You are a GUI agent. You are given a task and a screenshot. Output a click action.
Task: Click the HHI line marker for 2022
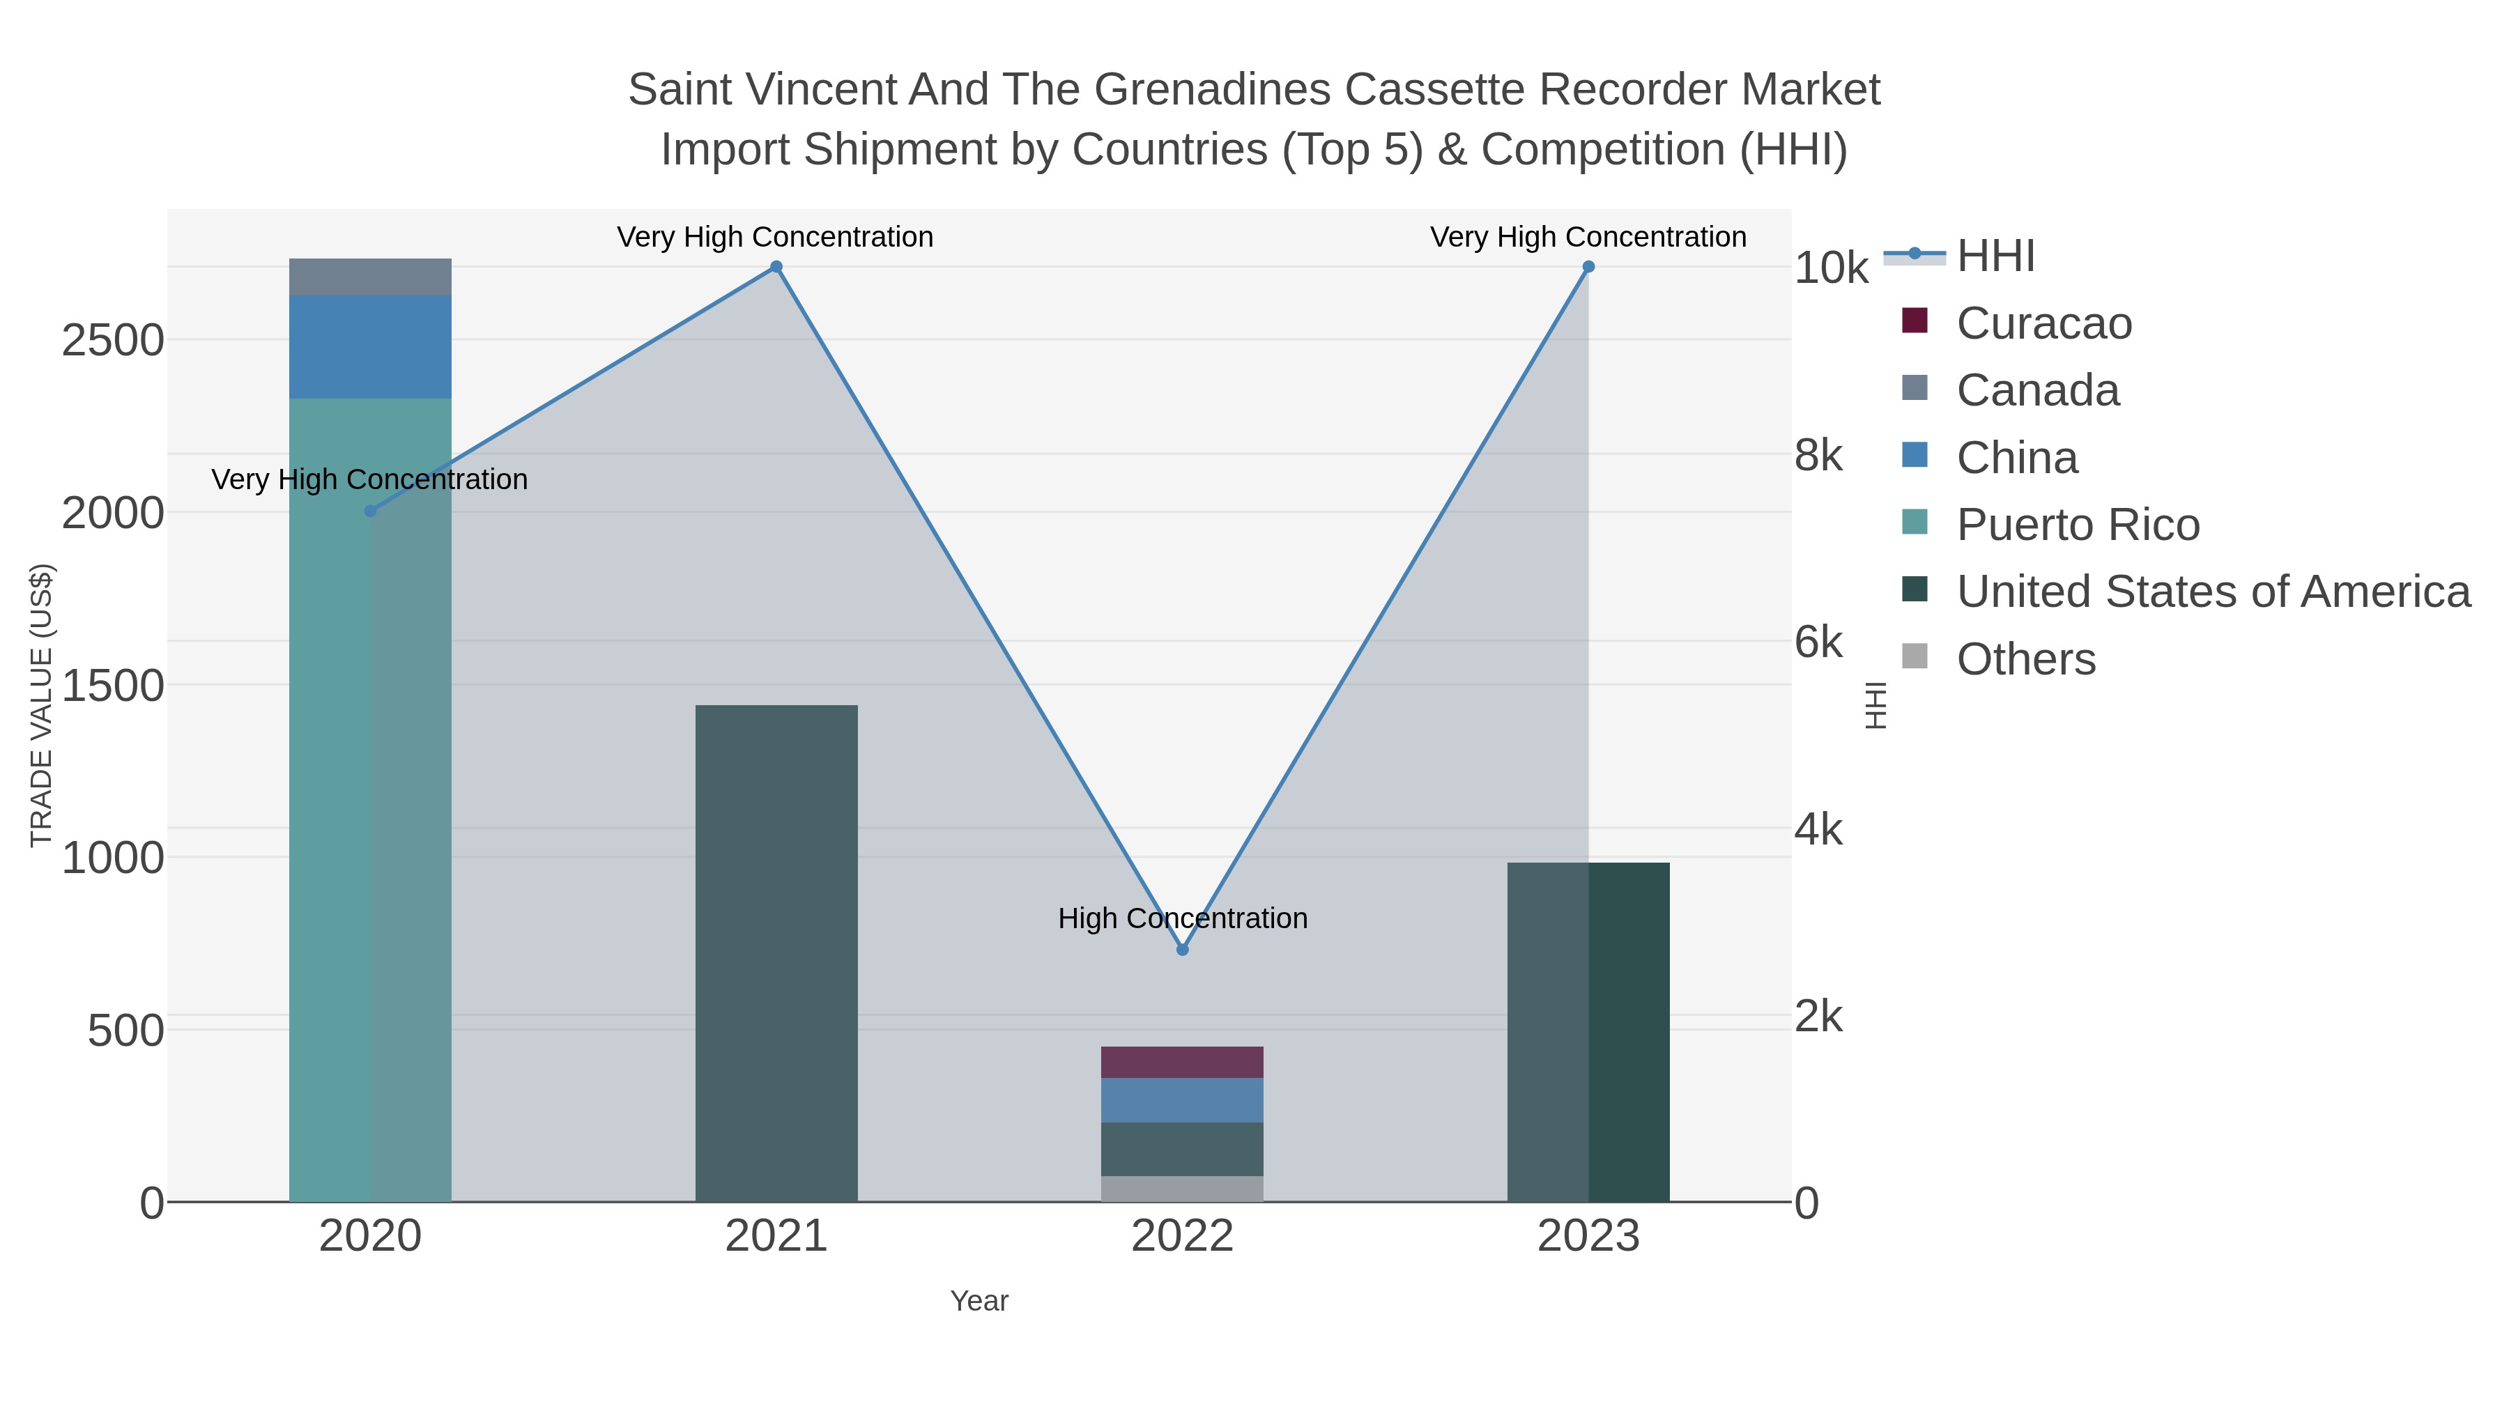[1183, 950]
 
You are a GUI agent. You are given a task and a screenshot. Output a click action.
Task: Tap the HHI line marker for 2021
[776, 267]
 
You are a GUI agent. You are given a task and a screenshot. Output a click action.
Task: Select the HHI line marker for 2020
[370, 511]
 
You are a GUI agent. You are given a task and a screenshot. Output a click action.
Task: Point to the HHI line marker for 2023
[1588, 267]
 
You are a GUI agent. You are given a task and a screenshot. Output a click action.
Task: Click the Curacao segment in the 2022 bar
[1183, 1063]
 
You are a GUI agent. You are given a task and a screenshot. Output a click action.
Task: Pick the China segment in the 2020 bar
[370, 347]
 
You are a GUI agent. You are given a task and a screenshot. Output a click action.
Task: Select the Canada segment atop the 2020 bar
[370, 277]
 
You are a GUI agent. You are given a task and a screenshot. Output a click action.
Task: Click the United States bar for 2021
[776, 955]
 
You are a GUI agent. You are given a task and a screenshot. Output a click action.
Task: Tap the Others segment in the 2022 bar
[1183, 1189]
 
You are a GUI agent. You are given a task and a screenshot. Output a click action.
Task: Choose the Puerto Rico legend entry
[2078, 525]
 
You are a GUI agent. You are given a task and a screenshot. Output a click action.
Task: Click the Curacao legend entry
[2043, 323]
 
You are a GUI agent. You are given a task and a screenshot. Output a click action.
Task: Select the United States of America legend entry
[2213, 592]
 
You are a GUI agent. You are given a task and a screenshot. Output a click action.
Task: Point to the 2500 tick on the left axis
[113, 341]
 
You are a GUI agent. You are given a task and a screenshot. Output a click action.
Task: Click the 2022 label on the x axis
[1183, 1237]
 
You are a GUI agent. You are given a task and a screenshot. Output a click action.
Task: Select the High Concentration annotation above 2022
[1183, 918]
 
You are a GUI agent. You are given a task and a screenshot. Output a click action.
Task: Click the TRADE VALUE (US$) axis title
[41, 705]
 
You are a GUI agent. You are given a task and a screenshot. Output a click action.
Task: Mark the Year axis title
[979, 1301]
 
